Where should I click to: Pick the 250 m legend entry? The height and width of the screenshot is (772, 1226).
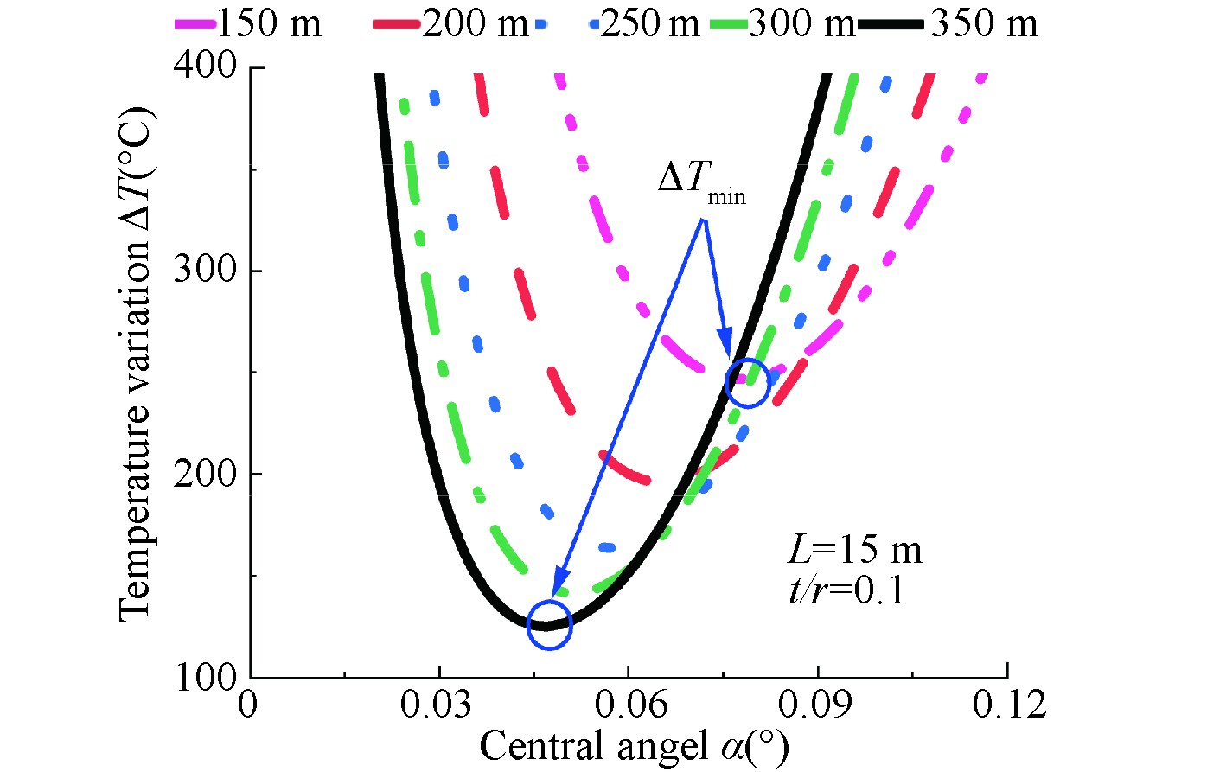(x=619, y=24)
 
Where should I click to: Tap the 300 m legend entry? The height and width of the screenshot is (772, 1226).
(x=783, y=24)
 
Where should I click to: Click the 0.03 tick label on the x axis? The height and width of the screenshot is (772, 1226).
(x=437, y=705)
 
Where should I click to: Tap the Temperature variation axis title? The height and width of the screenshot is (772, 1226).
(x=136, y=363)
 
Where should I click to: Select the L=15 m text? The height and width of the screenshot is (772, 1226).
(x=855, y=551)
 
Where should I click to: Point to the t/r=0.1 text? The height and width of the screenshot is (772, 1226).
(x=846, y=590)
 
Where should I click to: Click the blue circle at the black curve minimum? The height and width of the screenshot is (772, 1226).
(x=550, y=624)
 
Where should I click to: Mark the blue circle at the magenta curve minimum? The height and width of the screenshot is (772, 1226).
(x=747, y=383)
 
